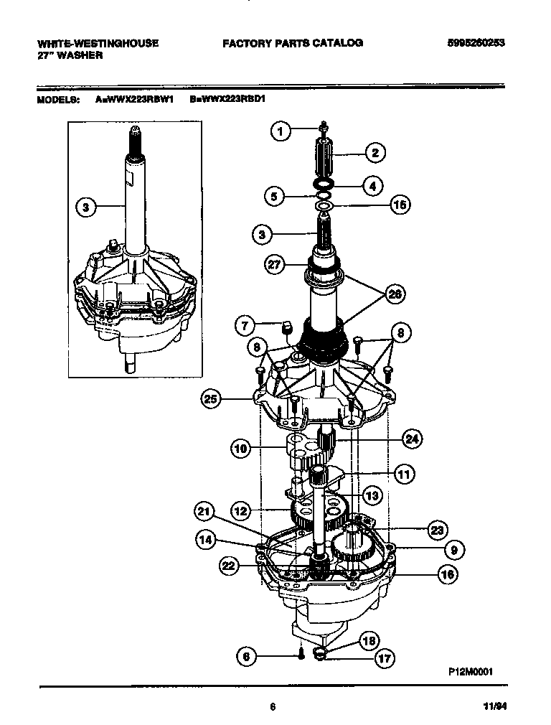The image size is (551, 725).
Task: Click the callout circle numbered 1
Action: point(281,131)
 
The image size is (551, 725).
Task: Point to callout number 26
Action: point(393,293)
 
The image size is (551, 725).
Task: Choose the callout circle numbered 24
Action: point(412,439)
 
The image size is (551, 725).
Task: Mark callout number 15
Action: point(400,205)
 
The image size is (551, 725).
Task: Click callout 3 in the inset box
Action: point(85,207)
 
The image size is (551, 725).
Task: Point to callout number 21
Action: point(205,511)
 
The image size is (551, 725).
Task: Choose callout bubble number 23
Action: point(436,530)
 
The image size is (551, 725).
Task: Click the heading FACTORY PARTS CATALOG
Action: point(292,43)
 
